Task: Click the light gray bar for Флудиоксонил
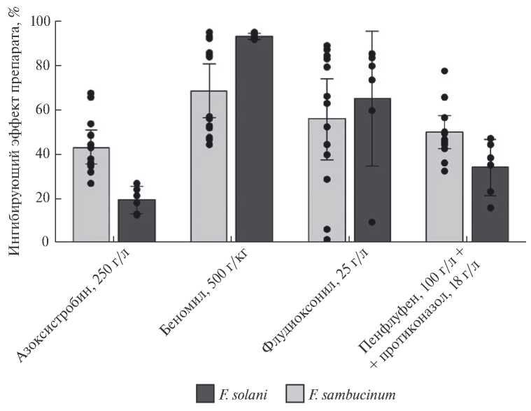tap(327, 182)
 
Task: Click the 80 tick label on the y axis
tap(43, 66)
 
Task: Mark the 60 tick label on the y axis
tap(43, 110)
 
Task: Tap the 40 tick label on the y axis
tap(43, 154)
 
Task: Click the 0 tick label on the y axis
tap(47, 243)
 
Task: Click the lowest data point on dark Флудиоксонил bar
tap(371, 222)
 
